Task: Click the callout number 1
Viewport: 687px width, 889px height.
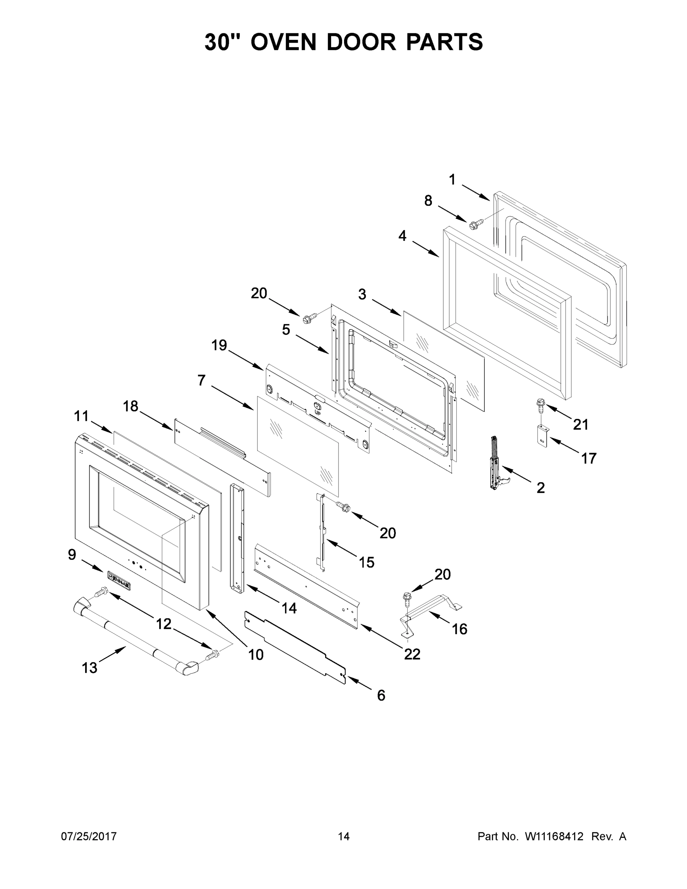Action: [x=452, y=180]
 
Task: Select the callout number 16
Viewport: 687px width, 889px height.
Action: [x=460, y=629]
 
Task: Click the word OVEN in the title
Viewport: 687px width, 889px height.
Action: [x=283, y=42]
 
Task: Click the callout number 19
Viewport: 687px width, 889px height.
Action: [x=219, y=345]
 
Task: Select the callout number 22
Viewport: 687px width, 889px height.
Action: [x=412, y=654]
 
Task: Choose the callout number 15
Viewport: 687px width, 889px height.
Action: [x=366, y=563]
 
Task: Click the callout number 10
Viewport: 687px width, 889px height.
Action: [x=256, y=655]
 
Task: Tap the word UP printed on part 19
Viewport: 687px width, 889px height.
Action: [x=317, y=412]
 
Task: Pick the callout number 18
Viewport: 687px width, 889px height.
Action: [x=131, y=406]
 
